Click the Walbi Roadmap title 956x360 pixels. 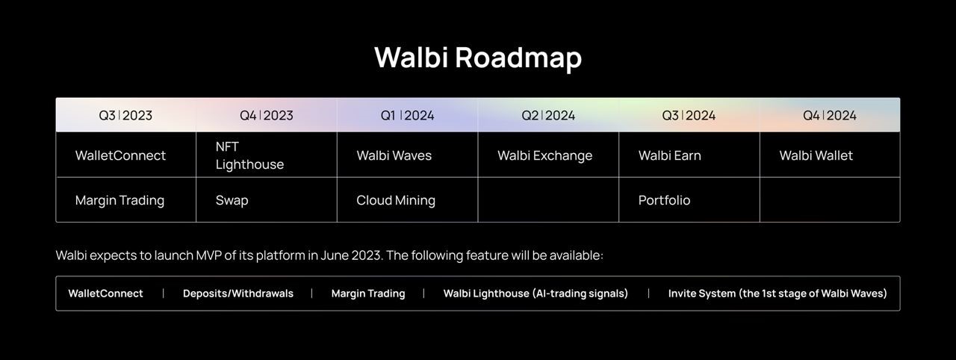tap(478, 58)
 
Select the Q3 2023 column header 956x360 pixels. tap(125, 115)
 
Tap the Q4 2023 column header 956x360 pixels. tap(267, 115)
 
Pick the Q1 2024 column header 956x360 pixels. tap(407, 115)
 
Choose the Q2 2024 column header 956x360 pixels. tap(548, 115)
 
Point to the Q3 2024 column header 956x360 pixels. tap(689, 115)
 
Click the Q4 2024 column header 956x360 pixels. tap(830, 115)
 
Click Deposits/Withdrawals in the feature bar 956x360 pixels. tap(238, 294)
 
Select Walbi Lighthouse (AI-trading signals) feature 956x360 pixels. tap(536, 294)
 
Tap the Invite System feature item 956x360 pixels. tap(777, 294)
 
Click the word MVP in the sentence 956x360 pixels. tap(208, 255)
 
